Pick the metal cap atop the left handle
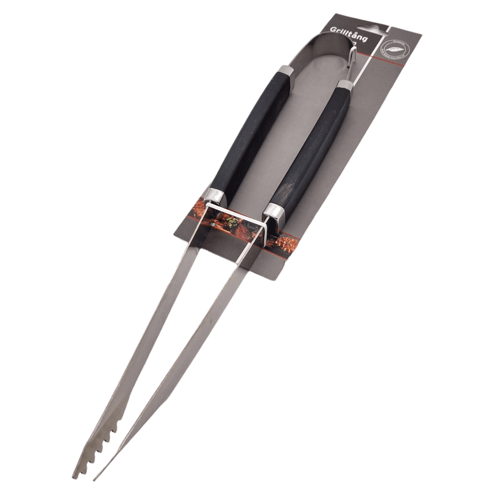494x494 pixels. coord(285,73)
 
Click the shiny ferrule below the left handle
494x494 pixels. coord(216,196)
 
